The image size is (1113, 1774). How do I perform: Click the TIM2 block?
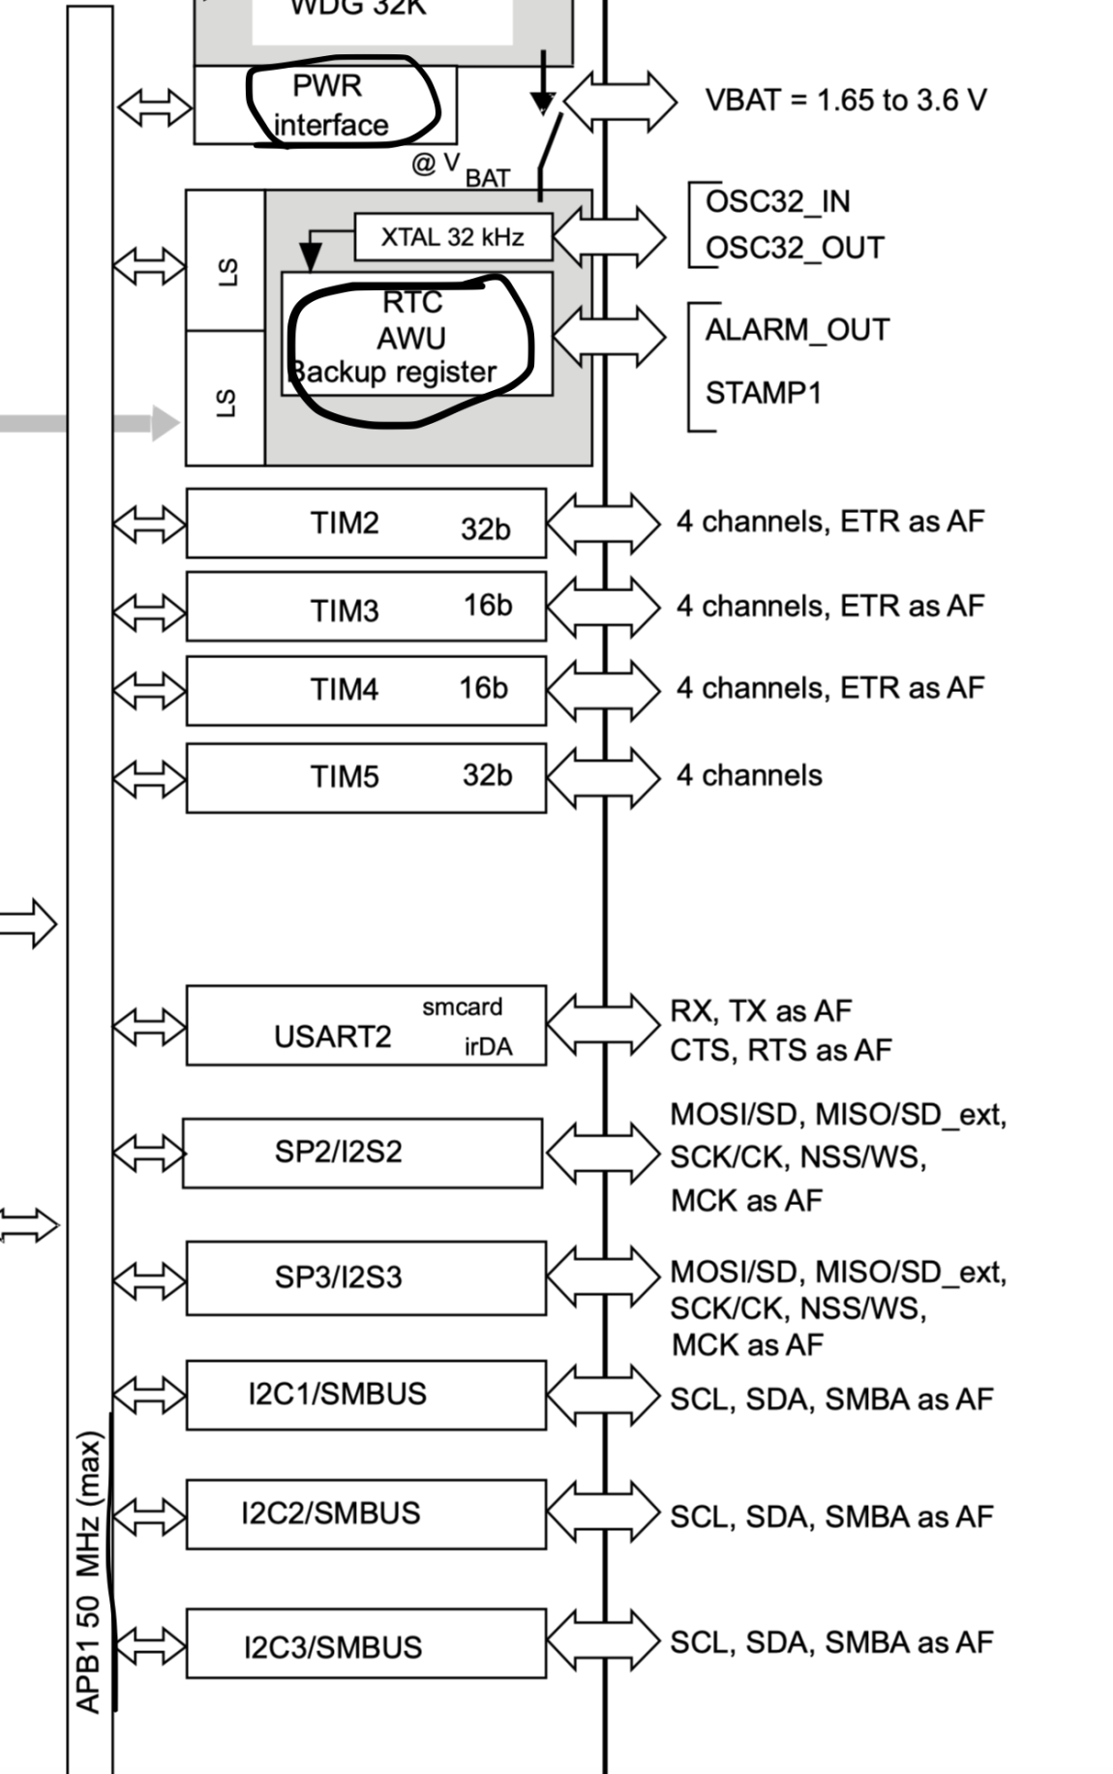point(365,524)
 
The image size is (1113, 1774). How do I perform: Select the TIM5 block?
point(365,777)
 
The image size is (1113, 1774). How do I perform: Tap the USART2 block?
point(365,1026)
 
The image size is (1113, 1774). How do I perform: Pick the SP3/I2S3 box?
point(365,1278)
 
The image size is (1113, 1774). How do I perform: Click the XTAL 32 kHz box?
point(452,237)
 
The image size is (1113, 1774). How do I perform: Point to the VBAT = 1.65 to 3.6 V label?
point(846,100)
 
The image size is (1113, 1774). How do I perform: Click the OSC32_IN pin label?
point(777,201)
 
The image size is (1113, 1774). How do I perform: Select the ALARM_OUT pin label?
point(797,330)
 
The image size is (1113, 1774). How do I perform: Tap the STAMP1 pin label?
point(763,393)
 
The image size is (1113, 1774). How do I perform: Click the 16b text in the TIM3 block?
point(487,605)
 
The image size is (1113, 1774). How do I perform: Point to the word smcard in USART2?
point(462,1007)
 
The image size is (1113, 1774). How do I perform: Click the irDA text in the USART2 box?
point(488,1047)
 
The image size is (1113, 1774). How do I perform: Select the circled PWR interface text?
point(329,105)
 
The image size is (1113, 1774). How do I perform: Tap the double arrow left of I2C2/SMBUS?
point(149,1515)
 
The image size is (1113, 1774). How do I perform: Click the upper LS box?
point(226,261)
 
